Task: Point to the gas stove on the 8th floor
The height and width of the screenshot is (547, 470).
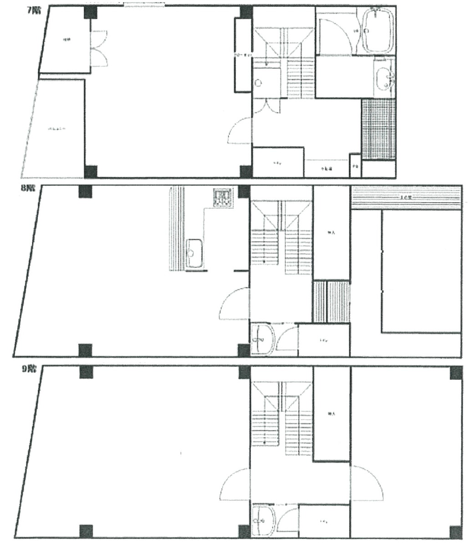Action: point(223,197)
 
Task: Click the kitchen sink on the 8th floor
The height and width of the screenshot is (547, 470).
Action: point(195,253)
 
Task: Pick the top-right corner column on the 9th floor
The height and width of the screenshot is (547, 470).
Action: point(456,373)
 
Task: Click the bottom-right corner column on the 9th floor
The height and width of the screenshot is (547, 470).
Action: point(455,532)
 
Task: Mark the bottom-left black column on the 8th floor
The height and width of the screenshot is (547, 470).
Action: point(85,350)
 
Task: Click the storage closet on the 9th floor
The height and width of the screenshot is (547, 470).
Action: point(332,414)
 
